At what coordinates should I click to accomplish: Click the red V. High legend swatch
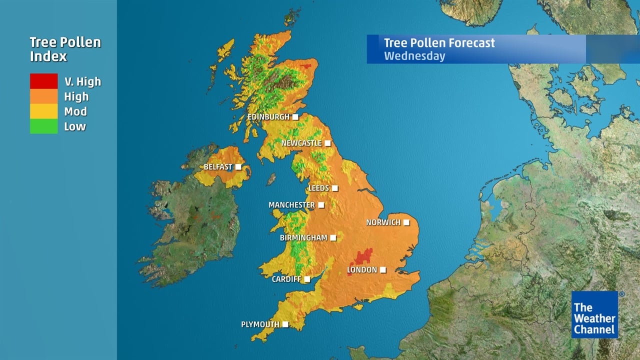(x=43, y=81)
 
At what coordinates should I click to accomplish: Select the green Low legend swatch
(x=43, y=126)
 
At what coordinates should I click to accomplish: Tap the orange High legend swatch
(x=43, y=96)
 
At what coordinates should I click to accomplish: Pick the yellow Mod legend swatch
(x=43, y=111)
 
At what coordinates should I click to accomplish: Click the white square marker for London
(x=383, y=270)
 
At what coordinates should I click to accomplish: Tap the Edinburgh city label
(x=268, y=117)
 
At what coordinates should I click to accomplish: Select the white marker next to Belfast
(x=238, y=166)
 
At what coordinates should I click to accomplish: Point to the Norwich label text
(x=383, y=222)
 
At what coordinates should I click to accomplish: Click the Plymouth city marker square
(x=285, y=324)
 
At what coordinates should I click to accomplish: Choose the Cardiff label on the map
(x=285, y=279)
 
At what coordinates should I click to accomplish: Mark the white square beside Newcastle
(x=327, y=143)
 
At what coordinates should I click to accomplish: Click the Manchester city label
(x=291, y=205)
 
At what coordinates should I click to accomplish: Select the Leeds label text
(x=318, y=188)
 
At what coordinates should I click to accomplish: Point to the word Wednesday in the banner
(x=414, y=55)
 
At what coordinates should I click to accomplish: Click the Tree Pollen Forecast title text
(x=439, y=43)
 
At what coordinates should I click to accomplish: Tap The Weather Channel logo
(x=594, y=314)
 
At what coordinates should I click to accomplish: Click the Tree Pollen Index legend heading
(x=65, y=49)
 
